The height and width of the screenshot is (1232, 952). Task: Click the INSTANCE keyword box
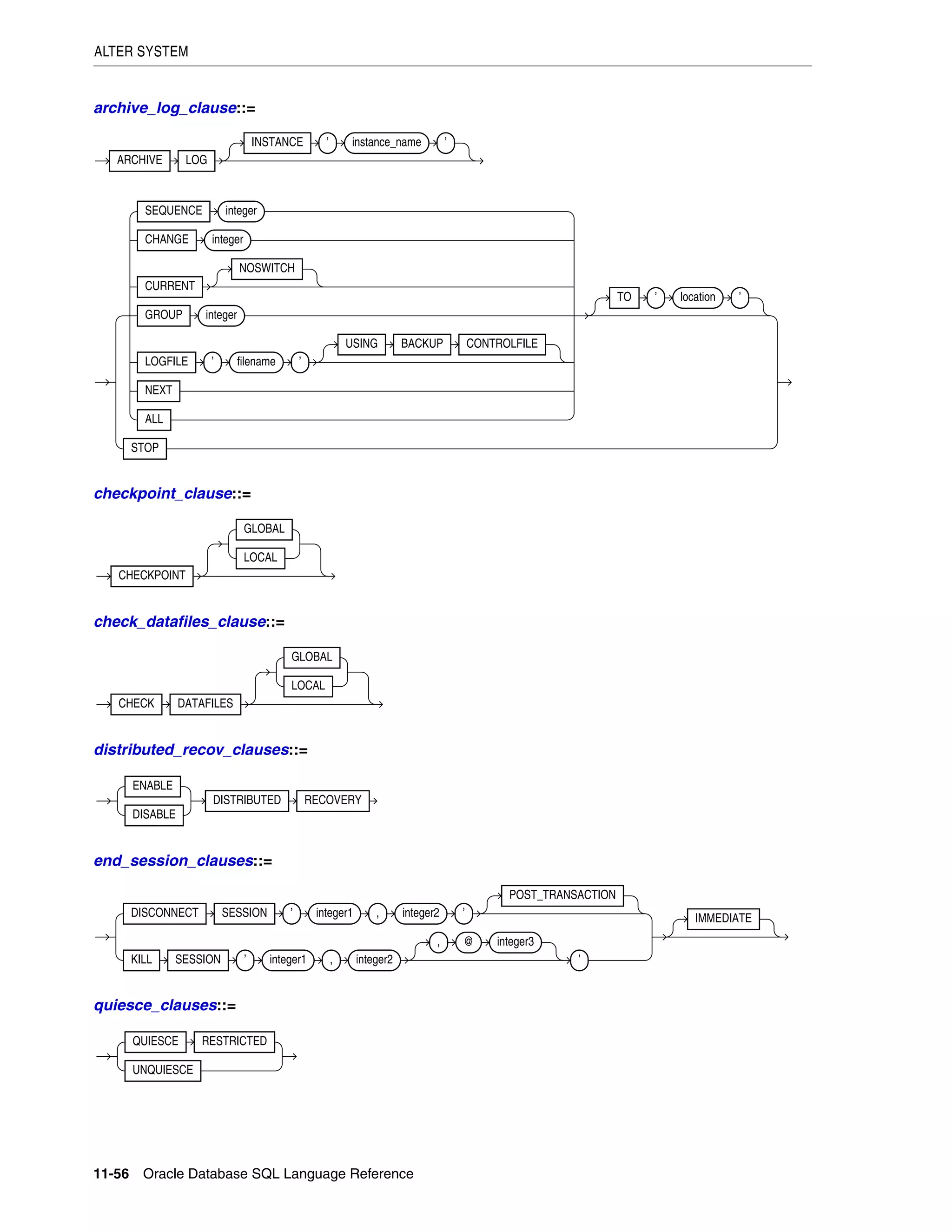(277, 143)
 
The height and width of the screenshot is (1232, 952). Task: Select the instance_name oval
(386, 143)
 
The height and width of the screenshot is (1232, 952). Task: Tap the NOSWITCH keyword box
(267, 269)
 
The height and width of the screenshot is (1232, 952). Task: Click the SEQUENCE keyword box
(173, 211)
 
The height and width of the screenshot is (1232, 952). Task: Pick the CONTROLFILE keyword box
(502, 344)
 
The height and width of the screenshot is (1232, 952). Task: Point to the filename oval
(256, 362)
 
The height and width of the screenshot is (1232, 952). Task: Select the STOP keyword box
(145, 449)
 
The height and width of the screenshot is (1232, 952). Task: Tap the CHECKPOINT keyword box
(152, 576)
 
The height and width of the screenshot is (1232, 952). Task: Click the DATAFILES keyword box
(205, 704)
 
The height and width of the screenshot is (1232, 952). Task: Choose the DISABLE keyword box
(154, 815)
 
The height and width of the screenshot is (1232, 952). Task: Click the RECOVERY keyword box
(333, 801)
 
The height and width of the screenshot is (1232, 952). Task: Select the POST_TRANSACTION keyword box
(562, 895)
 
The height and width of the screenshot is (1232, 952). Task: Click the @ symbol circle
(469, 941)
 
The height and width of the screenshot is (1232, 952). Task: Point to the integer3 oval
(515, 942)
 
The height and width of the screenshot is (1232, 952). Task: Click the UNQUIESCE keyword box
(162, 1070)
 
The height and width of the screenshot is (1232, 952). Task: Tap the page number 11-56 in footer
(111, 1174)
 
